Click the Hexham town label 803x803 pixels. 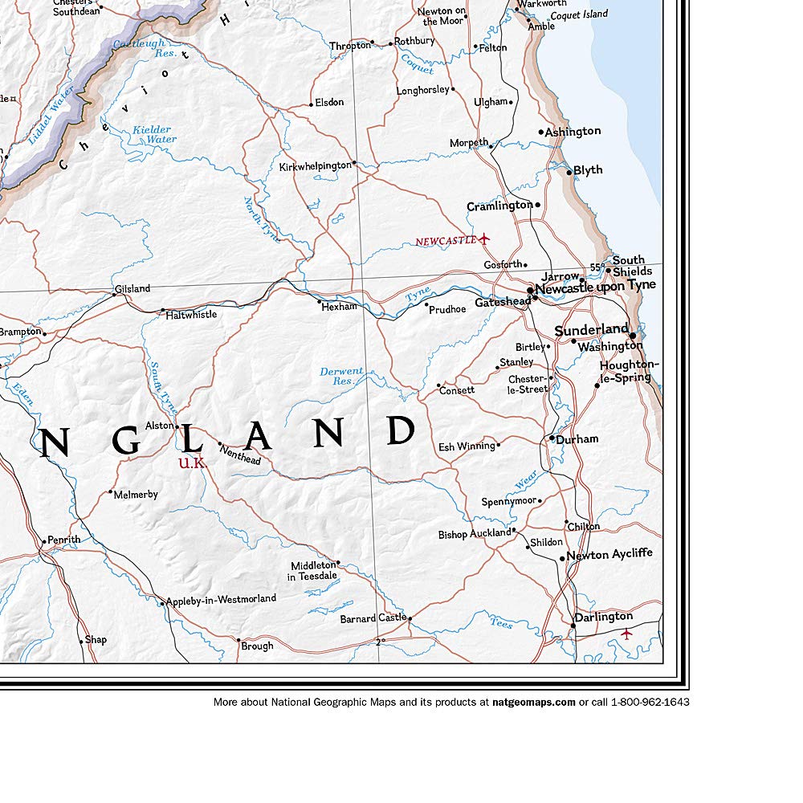pos(340,307)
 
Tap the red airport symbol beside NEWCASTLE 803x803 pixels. pos(483,239)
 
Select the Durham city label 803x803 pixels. pos(577,439)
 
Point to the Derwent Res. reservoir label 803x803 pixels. pos(341,377)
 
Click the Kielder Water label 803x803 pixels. pos(153,134)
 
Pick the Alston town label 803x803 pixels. pos(159,426)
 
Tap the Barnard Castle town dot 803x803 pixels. pos(410,618)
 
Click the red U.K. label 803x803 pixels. pos(192,463)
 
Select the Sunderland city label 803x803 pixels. pos(591,329)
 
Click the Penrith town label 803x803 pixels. pos(64,540)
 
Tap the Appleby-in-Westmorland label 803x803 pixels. pos(221,599)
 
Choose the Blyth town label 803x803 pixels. pos(588,170)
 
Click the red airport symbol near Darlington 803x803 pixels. pos(627,634)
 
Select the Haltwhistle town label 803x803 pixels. pos(191,315)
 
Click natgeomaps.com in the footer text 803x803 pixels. pos(533,702)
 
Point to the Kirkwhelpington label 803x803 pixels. pos(315,167)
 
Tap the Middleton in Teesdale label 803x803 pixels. pos(313,571)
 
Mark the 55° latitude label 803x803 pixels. pos(597,267)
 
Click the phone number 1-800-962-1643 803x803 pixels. pos(650,702)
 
